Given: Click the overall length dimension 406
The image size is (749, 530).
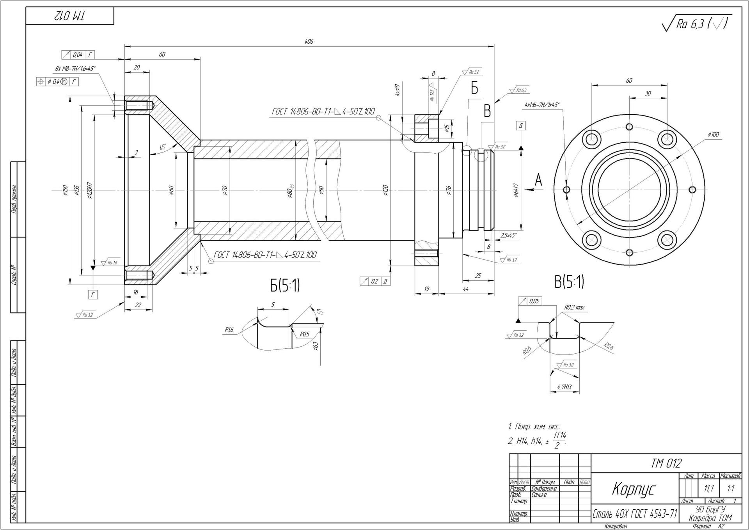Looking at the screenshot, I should pyautogui.click(x=309, y=42).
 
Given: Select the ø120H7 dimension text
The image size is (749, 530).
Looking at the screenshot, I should pyautogui.click(x=90, y=190).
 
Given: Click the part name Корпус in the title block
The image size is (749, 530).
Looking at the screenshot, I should pyautogui.click(x=634, y=489).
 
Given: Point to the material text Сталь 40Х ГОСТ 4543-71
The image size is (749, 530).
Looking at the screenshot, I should pyautogui.click(x=635, y=514).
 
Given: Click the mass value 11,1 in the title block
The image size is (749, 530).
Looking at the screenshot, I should pyautogui.click(x=709, y=488).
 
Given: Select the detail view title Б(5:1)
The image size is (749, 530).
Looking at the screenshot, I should pyautogui.click(x=285, y=285).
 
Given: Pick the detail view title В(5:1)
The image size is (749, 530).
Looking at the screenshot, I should pyautogui.click(x=569, y=282).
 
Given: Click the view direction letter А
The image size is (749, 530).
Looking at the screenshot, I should pyautogui.click(x=539, y=180).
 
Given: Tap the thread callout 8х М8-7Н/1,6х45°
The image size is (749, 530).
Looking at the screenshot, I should pyautogui.click(x=75, y=69).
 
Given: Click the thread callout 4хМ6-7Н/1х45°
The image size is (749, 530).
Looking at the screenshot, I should pyautogui.click(x=542, y=105).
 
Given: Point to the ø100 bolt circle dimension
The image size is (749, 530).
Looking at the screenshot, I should pyautogui.click(x=713, y=135).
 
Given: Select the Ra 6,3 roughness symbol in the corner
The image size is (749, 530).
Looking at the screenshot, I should pyautogui.click(x=697, y=25).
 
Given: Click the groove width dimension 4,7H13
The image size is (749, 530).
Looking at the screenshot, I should pyautogui.click(x=564, y=387).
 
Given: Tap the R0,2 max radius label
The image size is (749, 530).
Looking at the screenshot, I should pyautogui.click(x=574, y=307).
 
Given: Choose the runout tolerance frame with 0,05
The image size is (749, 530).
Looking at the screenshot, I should pyautogui.click(x=530, y=301).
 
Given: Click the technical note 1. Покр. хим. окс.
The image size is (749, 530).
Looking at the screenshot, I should pyautogui.click(x=534, y=427).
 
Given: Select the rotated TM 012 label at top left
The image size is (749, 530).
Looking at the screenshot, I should pyautogui.click(x=70, y=16).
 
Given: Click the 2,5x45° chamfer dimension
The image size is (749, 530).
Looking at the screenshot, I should pyautogui.click(x=508, y=235).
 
